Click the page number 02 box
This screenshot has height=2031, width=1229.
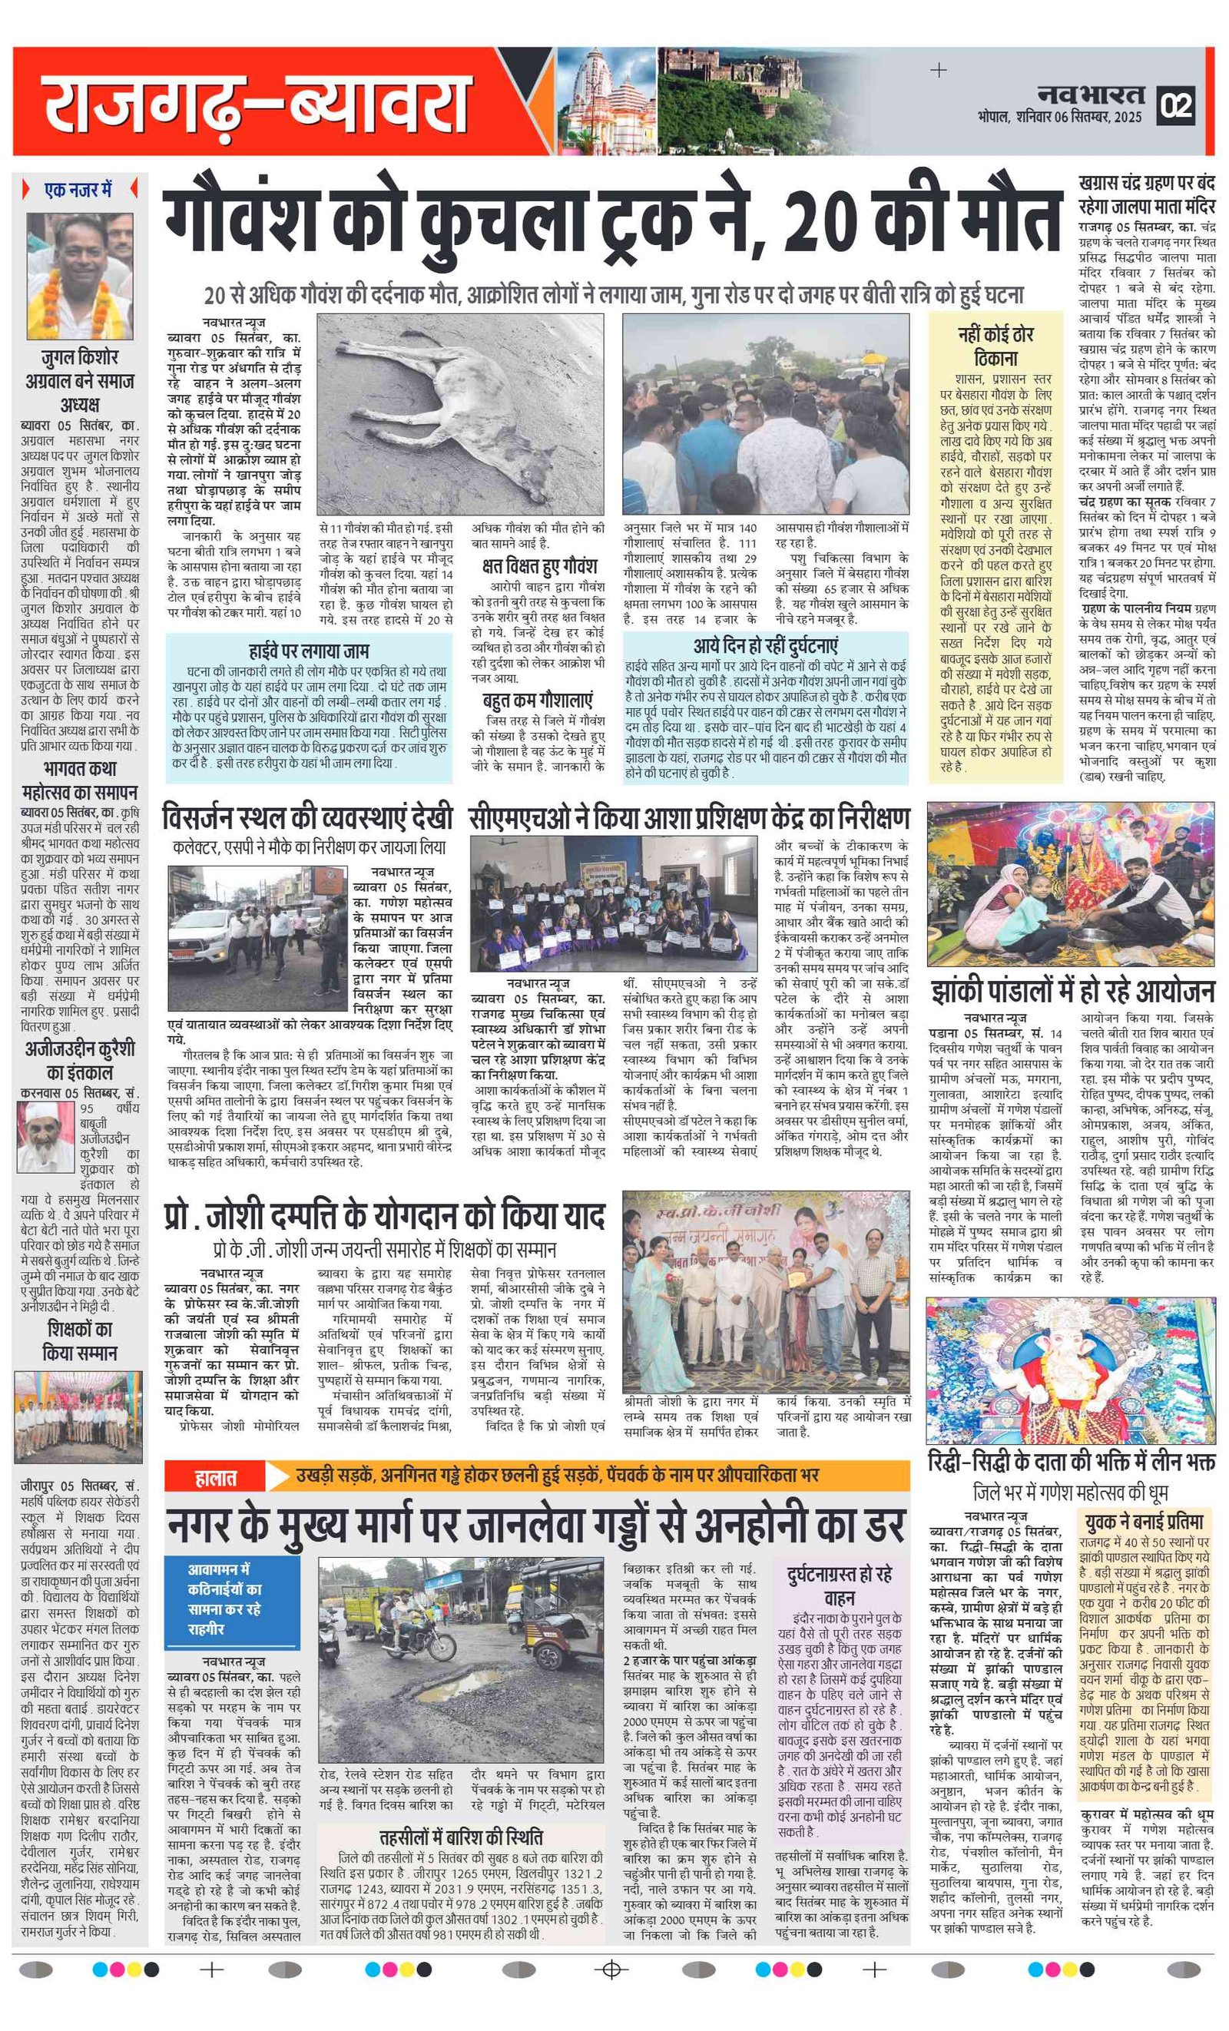(1176, 105)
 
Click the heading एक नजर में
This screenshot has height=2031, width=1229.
(79, 191)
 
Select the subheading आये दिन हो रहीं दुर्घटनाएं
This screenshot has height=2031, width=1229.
(765, 644)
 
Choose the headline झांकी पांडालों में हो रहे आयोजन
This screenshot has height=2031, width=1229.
(1072, 990)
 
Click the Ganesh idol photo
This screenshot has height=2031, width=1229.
(1069, 1368)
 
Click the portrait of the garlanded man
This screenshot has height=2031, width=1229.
(79, 277)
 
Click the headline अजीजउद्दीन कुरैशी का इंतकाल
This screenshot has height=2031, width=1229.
(79, 1060)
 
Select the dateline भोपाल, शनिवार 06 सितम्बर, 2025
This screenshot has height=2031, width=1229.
(1059, 117)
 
